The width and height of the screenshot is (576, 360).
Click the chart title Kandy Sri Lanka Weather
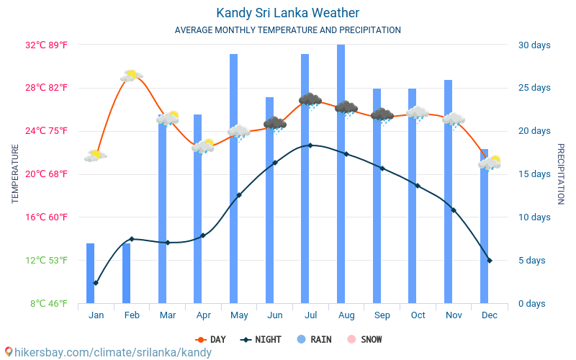[x=287, y=13]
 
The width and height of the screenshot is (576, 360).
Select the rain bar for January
[x=91, y=274]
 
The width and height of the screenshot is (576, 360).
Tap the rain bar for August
[x=341, y=173]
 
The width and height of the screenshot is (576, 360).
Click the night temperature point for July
[x=310, y=145]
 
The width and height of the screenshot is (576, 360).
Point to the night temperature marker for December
[x=490, y=261]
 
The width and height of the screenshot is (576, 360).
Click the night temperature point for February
[x=131, y=239]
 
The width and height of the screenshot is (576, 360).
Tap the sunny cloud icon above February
[x=131, y=76]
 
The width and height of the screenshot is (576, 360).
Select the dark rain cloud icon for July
[x=310, y=100]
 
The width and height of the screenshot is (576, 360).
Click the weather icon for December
[x=490, y=163]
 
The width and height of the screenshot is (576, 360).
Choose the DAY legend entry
[x=211, y=340]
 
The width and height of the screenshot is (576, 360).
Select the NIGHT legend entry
[x=262, y=340]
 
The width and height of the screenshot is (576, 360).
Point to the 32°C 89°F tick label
[x=47, y=45]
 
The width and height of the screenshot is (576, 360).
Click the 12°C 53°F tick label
[x=47, y=261]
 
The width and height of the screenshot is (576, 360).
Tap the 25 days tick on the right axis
[x=534, y=88]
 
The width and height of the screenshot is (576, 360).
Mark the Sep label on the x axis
[x=382, y=315]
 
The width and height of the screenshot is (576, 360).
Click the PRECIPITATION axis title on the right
[x=561, y=174]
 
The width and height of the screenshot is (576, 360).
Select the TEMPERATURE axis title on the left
[x=15, y=174]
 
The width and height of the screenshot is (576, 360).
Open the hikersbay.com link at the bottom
[x=108, y=353]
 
